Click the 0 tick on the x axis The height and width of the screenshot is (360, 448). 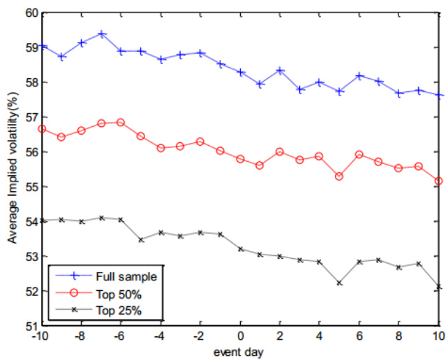pos(241,336)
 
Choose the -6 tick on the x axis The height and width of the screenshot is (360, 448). pos(121,336)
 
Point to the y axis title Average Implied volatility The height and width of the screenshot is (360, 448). pos(13,169)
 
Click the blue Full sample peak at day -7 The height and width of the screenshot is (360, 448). pos(102,33)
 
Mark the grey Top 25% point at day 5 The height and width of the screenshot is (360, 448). pos(339,283)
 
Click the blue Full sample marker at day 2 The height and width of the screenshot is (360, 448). pos(280,70)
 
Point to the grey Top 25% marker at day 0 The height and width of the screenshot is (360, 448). pos(241,248)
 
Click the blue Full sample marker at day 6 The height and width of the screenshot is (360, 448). pos(359,75)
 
